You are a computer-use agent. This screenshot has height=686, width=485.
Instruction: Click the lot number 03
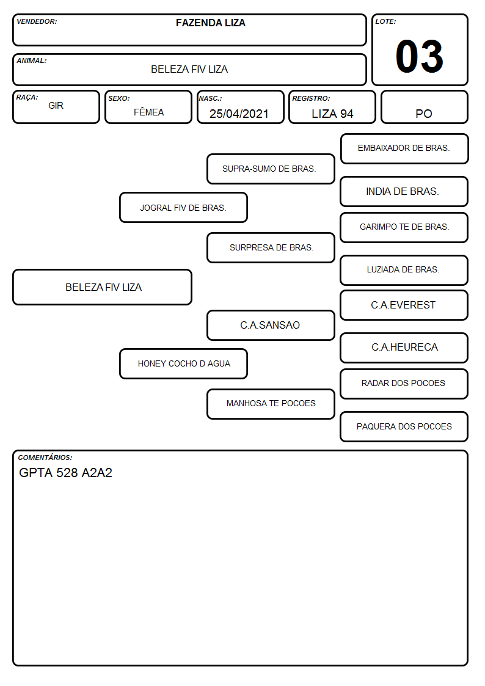[419, 56]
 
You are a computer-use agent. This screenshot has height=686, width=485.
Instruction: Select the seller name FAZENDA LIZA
[210, 23]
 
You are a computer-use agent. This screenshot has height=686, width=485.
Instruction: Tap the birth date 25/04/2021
[239, 114]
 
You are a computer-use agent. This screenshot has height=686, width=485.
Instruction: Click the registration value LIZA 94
[332, 114]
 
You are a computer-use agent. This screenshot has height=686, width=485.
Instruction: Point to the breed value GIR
[56, 106]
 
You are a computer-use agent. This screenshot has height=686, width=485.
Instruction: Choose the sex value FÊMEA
[148, 112]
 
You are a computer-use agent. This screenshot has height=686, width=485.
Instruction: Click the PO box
[424, 107]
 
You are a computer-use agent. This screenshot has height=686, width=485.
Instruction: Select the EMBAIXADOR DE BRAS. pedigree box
[404, 149]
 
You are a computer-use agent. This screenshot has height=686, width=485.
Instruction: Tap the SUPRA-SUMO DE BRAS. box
[271, 169]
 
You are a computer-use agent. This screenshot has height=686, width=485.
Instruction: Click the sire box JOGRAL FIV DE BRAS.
[183, 207]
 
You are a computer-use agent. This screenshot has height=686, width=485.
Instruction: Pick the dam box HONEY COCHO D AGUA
[183, 363]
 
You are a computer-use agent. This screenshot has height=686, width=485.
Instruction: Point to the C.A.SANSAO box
[271, 325]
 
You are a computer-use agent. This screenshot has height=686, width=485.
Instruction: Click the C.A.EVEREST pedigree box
[404, 305]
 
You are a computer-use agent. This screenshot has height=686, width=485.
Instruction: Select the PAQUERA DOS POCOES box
[404, 426]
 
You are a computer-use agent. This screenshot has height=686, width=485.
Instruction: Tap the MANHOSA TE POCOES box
[271, 404]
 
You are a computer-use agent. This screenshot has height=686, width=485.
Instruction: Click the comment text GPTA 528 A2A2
[65, 472]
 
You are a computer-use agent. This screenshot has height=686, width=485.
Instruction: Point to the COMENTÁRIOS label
[45, 458]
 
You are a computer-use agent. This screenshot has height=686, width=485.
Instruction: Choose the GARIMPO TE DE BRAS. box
[404, 227]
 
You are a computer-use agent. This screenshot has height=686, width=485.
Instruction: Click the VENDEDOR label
[37, 21]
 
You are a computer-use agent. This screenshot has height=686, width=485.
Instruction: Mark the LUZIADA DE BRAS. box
[404, 270]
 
